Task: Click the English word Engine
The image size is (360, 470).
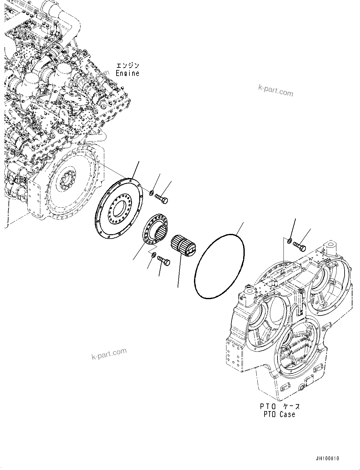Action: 127,73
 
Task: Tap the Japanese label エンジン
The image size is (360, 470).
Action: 127,66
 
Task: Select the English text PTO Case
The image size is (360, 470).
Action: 279,414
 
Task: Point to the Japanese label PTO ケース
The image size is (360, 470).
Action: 279,407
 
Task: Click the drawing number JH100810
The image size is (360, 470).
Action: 328,459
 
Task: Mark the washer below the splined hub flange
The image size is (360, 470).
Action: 153,254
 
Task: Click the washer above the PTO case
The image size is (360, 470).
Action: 289,241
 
